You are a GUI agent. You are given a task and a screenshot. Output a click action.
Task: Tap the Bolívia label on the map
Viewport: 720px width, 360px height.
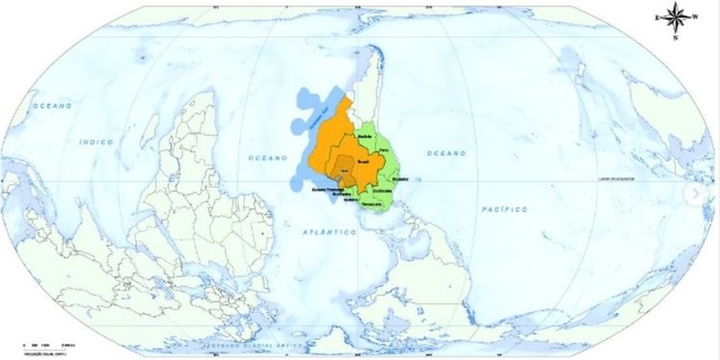point(364,137)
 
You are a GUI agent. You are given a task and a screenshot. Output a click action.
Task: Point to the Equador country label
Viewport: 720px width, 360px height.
point(401,180)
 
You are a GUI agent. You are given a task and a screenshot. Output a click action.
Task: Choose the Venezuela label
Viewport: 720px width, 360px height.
point(372,204)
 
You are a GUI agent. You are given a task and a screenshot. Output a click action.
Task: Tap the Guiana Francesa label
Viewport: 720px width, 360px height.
point(327,189)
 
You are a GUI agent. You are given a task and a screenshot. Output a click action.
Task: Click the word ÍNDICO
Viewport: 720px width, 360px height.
point(97,142)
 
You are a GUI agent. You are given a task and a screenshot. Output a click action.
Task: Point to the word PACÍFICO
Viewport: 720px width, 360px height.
point(505,208)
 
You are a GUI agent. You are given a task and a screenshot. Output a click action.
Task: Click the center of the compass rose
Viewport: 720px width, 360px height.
point(675,16)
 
